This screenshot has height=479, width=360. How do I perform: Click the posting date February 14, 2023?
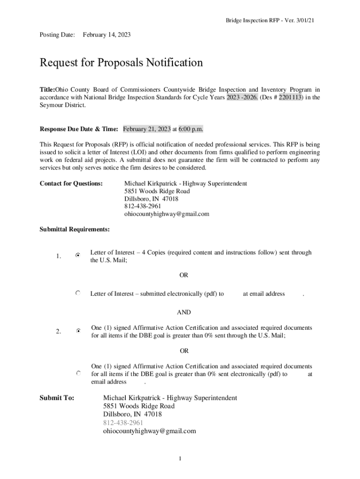[x=107, y=35]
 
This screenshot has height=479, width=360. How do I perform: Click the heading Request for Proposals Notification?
[x=121, y=63]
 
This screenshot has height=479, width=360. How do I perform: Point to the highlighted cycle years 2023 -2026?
[x=242, y=97]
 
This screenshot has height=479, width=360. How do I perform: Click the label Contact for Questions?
[x=71, y=184]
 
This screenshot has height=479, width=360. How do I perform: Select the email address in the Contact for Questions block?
[x=166, y=214]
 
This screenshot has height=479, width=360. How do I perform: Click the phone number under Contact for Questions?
[x=143, y=206]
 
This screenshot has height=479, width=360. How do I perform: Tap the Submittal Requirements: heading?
[x=75, y=229]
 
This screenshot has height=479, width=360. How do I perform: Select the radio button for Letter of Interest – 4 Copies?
[x=78, y=255]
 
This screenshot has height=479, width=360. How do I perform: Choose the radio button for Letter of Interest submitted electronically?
[x=78, y=293]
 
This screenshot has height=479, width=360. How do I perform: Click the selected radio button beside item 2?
[x=79, y=331]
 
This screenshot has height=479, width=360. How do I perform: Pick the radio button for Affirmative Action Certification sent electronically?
[x=79, y=374]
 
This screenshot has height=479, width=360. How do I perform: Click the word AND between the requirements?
[x=183, y=312]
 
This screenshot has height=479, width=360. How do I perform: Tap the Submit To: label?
[x=57, y=398]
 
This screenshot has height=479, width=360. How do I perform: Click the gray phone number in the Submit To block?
[x=120, y=423]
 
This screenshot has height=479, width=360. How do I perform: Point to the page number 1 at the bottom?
[x=180, y=458]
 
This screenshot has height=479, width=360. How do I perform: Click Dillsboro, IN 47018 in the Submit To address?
[x=132, y=414]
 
